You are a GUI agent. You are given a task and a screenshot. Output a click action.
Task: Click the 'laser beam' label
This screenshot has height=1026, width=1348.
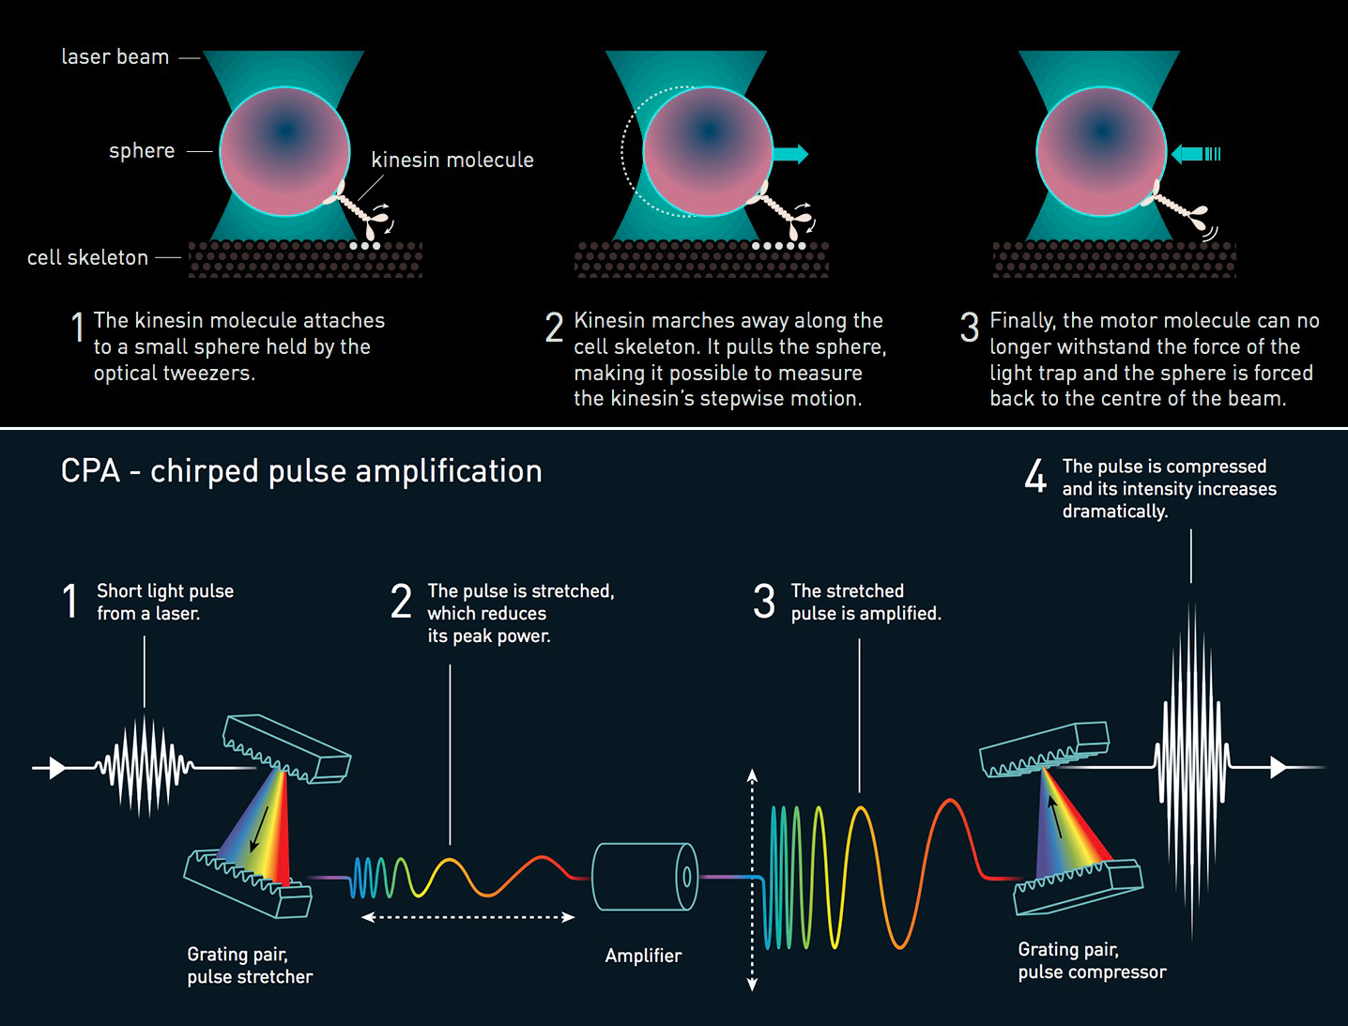115,57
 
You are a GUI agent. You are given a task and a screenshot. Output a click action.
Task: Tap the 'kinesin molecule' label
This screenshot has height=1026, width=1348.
452,161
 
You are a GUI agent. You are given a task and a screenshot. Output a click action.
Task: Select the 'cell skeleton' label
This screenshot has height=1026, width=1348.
87,258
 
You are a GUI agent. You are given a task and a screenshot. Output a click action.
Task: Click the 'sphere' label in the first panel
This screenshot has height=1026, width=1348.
142,151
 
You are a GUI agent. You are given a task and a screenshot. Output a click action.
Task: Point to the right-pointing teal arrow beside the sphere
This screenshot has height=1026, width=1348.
789,154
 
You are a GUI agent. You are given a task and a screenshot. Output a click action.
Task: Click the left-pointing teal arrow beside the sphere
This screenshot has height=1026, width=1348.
1190,154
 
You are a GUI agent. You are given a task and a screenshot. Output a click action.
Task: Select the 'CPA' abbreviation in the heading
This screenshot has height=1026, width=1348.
90,471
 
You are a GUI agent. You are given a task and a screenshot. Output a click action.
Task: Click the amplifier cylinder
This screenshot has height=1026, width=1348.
645,877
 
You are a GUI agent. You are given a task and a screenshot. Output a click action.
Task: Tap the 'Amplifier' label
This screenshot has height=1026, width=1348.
643,957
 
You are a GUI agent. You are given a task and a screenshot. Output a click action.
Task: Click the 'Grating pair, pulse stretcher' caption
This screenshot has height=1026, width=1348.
250,966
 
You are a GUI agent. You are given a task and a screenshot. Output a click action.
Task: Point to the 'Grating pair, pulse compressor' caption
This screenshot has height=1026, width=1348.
1092,961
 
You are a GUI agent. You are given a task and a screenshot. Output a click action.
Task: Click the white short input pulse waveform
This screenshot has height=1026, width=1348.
144,767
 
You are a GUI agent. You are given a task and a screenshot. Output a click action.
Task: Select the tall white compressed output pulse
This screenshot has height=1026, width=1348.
1192,767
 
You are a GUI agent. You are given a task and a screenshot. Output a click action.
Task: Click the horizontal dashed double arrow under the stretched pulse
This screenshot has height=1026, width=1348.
467,917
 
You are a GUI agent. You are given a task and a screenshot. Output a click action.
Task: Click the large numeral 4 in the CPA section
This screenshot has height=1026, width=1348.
1035,477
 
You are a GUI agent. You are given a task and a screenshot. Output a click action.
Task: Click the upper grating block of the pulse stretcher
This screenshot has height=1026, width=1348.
286,748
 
